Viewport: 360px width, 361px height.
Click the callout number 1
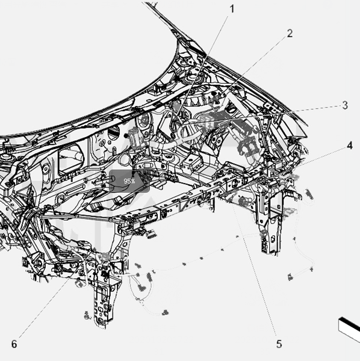click(x=232, y=9)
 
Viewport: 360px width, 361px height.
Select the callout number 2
click(x=290, y=34)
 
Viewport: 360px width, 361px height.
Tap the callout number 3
click(x=345, y=105)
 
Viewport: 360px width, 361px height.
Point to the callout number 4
click(x=350, y=146)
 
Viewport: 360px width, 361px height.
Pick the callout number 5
click(x=279, y=344)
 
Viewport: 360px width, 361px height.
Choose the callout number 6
click(x=14, y=344)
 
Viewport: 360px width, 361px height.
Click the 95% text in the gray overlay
click(x=129, y=181)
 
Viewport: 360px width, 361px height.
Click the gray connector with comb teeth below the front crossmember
click(x=151, y=234)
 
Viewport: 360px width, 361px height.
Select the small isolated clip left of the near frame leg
click(x=87, y=315)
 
